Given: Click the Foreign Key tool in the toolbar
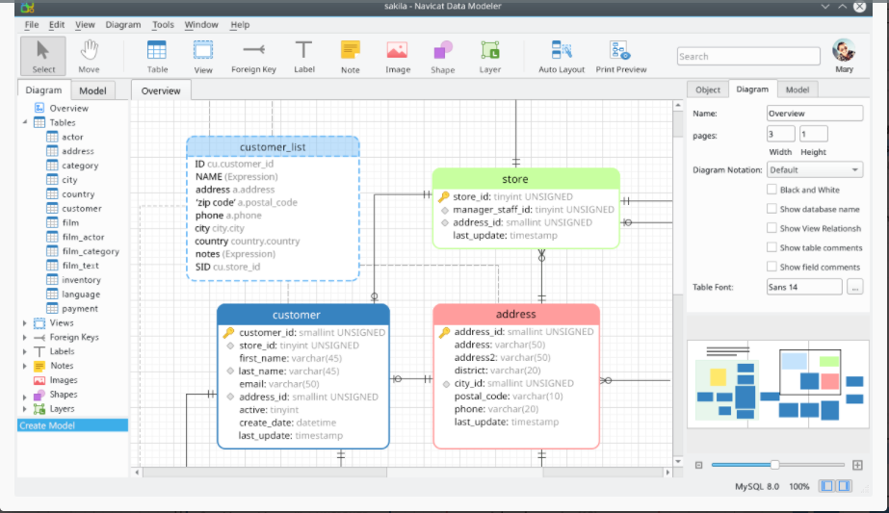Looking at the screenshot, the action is [x=253, y=57].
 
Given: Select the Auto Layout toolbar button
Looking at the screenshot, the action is [x=562, y=57].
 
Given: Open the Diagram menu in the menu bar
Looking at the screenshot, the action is [x=123, y=24].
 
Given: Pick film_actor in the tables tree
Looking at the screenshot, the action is [x=83, y=237].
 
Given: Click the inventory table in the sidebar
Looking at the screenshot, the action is [x=81, y=280].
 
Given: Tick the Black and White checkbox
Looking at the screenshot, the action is [x=771, y=190].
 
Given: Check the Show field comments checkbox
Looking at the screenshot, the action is [x=771, y=267].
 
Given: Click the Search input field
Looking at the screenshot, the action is [x=748, y=56].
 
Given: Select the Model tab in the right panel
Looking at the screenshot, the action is [x=797, y=90].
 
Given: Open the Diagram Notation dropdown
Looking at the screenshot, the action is [x=815, y=169].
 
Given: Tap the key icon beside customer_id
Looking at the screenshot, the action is [x=228, y=332].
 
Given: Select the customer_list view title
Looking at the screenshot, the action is [x=273, y=147].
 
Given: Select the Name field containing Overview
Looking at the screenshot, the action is [x=814, y=114].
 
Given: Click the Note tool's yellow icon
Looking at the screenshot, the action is [x=351, y=50].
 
